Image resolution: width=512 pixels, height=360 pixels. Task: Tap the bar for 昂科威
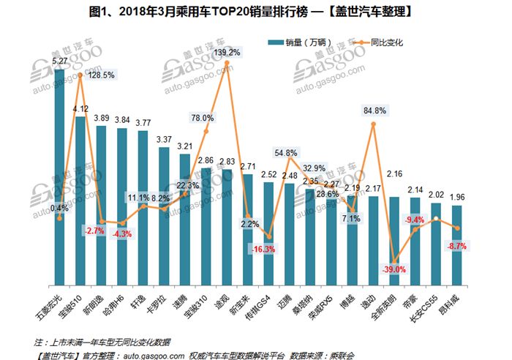pos(456,245)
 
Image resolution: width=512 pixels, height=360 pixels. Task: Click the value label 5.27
pos(60,61)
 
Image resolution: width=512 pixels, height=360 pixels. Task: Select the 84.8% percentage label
pos(374,111)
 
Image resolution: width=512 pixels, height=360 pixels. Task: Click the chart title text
pos(256,12)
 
